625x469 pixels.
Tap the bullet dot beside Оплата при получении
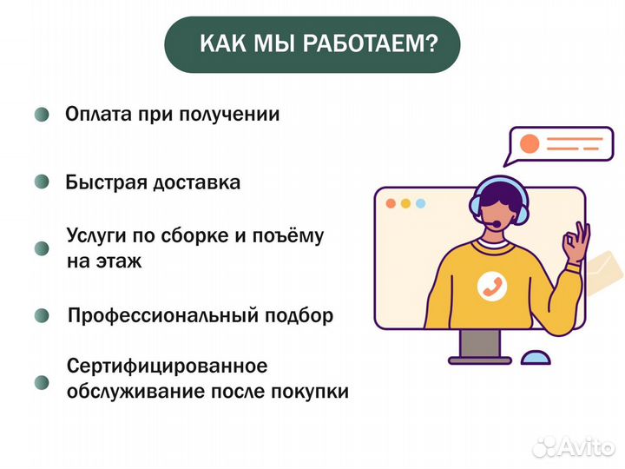coord(41,115)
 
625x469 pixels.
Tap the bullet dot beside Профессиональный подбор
coord(42,315)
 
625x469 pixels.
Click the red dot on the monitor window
coord(391,203)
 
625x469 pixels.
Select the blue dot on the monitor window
coord(421,203)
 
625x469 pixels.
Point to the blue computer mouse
coord(535,356)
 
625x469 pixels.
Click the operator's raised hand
coord(576,243)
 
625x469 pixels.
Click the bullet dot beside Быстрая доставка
coord(41,182)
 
